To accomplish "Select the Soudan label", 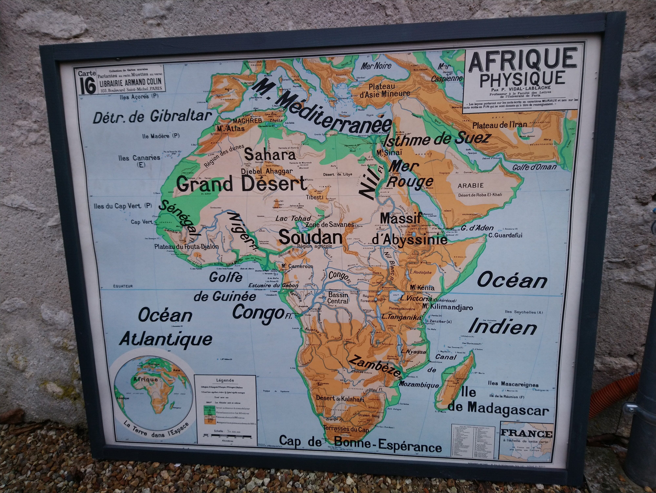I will tap(310, 237).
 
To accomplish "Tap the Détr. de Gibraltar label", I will tap(152, 117).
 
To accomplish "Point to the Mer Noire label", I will tap(376, 66).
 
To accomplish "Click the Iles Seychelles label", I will tap(524, 312).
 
